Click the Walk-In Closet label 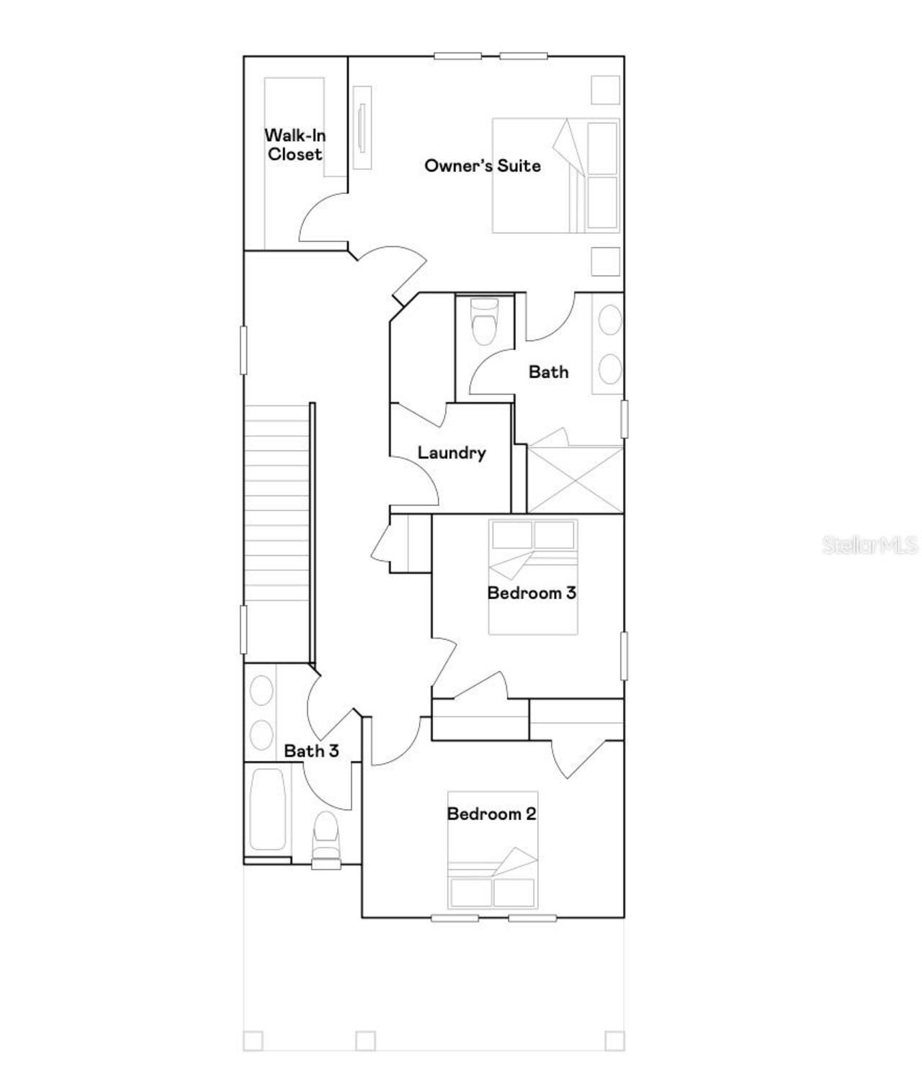[295, 145]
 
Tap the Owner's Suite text [482, 166]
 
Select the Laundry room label [452, 453]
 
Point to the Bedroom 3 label [532, 593]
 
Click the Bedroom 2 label [491, 814]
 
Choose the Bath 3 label [311, 751]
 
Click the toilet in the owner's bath [483, 321]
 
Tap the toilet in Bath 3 [326, 839]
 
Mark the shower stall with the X [575, 479]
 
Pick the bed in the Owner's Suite [555, 176]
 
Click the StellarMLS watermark [869, 545]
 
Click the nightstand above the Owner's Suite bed [605, 90]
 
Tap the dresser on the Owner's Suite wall [362, 128]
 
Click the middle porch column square [365, 1041]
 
